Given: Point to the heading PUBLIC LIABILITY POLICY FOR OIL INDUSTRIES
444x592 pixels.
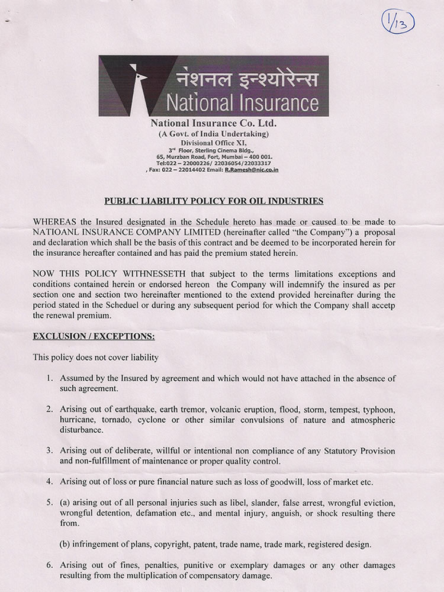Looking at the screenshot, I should click(214, 201).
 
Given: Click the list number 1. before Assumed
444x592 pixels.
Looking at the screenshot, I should click(50, 378).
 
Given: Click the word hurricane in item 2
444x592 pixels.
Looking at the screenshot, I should click(79, 420).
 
